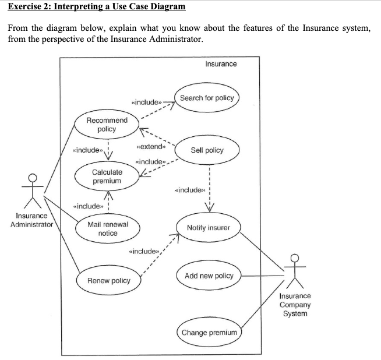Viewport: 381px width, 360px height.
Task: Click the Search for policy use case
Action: pyautogui.click(x=207, y=98)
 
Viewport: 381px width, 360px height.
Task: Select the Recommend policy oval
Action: pyautogui.click(x=107, y=125)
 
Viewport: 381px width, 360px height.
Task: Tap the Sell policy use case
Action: pyautogui.click(x=207, y=150)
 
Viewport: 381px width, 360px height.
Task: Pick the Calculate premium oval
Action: pyautogui.click(x=107, y=176)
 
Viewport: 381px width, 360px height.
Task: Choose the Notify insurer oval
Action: pyautogui.click(x=208, y=227)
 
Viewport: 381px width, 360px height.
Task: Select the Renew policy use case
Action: pyautogui.click(x=108, y=281)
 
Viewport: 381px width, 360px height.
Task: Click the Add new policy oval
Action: pyautogui.click(x=209, y=276)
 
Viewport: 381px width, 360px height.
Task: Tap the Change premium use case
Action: pyautogui.click(x=209, y=333)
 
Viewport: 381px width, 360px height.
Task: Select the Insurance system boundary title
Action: pyautogui.click(x=221, y=63)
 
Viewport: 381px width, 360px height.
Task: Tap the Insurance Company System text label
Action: pyautogui.click(x=295, y=305)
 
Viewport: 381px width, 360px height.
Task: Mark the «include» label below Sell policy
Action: pyautogui.click(x=190, y=190)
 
